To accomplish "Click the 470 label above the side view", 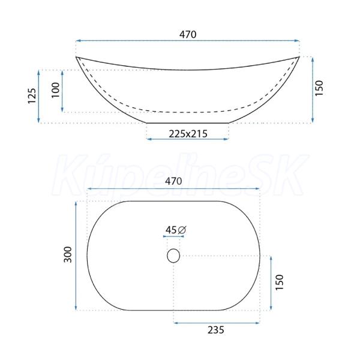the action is (188, 34).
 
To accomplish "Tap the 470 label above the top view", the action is (173, 181).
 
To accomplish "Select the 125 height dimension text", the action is (32, 96).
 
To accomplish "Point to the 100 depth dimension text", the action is (55, 90).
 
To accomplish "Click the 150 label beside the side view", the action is (319, 88).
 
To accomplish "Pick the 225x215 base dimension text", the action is (188, 134).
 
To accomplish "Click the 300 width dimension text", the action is (68, 254).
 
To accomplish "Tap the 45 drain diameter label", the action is (171, 230).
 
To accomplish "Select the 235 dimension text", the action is (216, 330).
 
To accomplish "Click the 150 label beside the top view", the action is (280, 282).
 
